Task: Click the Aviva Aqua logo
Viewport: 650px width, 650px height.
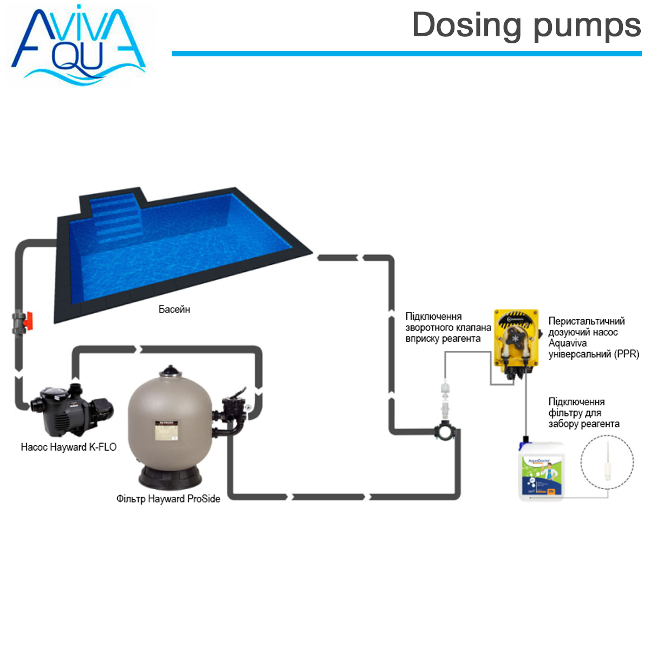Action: (x=79, y=46)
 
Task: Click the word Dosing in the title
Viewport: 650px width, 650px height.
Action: (x=466, y=26)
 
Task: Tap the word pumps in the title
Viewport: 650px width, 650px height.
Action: (x=587, y=27)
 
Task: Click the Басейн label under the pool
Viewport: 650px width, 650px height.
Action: (x=174, y=309)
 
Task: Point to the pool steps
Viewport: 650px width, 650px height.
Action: (x=116, y=219)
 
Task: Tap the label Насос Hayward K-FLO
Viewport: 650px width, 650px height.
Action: (x=69, y=447)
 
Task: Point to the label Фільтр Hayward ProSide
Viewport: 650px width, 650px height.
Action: (x=168, y=499)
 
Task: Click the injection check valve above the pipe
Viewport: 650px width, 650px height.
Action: (x=445, y=398)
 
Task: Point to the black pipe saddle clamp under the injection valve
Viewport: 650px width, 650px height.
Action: (x=445, y=432)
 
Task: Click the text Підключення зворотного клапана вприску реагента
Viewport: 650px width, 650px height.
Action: (x=448, y=328)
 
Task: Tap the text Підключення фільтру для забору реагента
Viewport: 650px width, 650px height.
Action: (x=583, y=413)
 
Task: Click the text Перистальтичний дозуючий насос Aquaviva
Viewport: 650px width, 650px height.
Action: (x=593, y=337)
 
